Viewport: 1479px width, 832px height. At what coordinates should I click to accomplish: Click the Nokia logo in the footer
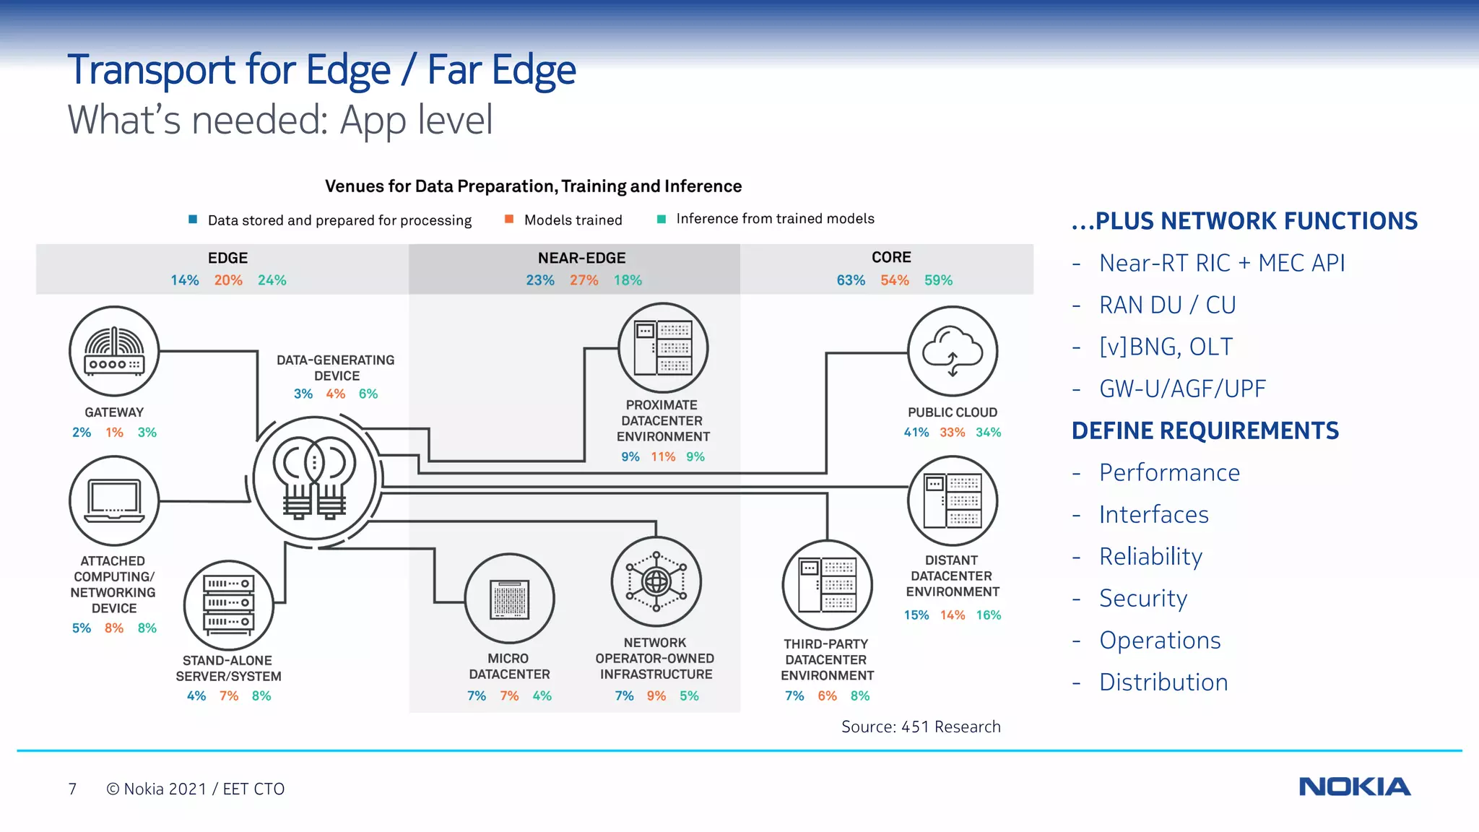click(x=1354, y=786)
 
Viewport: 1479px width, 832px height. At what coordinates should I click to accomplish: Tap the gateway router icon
click(x=114, y=351)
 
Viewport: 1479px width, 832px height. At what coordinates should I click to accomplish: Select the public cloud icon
click(x=952, y=351)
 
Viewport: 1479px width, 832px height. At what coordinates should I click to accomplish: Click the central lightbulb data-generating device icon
click(x=315, y=478)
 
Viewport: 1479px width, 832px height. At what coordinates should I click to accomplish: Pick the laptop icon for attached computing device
click(x=114, y=500)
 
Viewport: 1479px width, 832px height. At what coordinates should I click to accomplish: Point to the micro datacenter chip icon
click(x=509, y=599)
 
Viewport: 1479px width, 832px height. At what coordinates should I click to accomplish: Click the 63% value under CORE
click(x=851, y=280)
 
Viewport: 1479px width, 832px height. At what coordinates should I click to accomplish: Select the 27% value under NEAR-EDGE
click(x=584, y=280)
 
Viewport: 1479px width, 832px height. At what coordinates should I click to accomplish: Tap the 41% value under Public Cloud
click(x=916, y=433)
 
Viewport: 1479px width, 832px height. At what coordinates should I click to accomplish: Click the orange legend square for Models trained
click(x=509, y=219)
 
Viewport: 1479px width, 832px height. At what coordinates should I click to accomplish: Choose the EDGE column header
click(x=227, y=258)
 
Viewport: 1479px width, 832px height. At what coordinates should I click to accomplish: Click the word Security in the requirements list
click(x=1142, y=598)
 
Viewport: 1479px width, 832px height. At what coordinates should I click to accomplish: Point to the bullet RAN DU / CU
click(x=1167, y=305)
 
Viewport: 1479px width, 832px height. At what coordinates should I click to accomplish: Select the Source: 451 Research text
click(x=921, y=727)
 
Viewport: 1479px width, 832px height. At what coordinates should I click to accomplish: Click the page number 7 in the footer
click(x=72, y=789)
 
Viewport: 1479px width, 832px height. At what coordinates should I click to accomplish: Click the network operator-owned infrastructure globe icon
click(x=656, y=581)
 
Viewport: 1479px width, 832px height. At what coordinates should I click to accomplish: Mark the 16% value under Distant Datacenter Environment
click(x=988, y=615)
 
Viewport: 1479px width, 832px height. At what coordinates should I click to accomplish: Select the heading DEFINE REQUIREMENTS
click(x=1205, y=430)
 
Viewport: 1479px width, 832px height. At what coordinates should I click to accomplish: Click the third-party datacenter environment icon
click(x=827, y=585)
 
